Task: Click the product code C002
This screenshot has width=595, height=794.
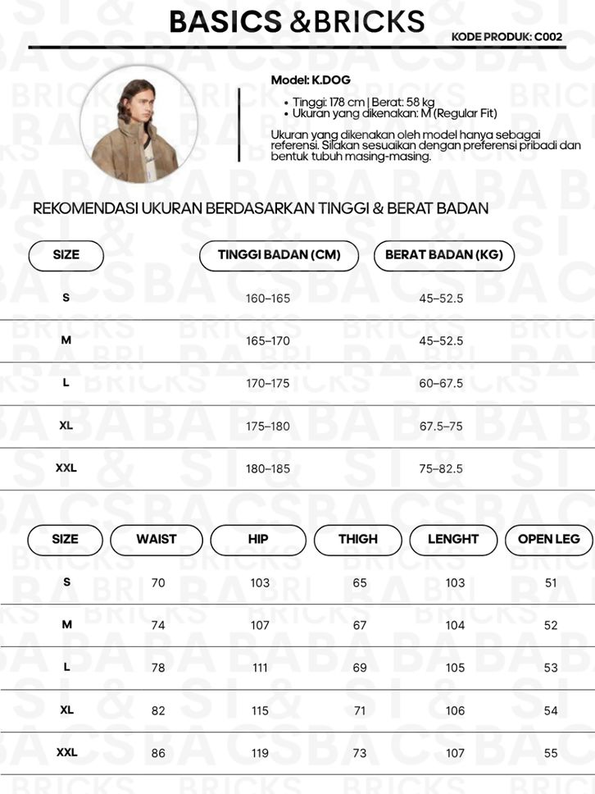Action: pos(548,37)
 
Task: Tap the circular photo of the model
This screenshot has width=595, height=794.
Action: pos(139,125)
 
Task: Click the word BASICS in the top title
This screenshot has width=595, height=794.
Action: pos(227,21)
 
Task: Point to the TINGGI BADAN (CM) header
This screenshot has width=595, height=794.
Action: pos(279,255)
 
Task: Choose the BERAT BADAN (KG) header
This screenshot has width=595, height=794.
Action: pos(444,255)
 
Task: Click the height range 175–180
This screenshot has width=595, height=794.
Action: pos(268,426)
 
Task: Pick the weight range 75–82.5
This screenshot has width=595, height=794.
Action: pos(441,468)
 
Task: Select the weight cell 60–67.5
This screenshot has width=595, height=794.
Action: pos(441,383)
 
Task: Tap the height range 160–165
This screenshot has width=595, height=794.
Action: pos(268,298)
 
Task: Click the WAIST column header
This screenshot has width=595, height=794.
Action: pos(157,540)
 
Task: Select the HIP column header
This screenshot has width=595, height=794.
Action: pos(258,540)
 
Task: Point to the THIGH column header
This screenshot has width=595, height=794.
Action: pos(358,540)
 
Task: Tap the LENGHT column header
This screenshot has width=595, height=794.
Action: pos(453,540)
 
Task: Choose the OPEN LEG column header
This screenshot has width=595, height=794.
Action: pos(549,540)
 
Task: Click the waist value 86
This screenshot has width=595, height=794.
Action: pos(158,753)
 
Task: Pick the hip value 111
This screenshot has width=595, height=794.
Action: pos(260,668)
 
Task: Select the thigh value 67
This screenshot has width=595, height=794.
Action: pos(360,625)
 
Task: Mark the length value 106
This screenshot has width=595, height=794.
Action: pos(455,710)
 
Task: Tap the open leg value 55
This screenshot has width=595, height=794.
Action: pos(551,753)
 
